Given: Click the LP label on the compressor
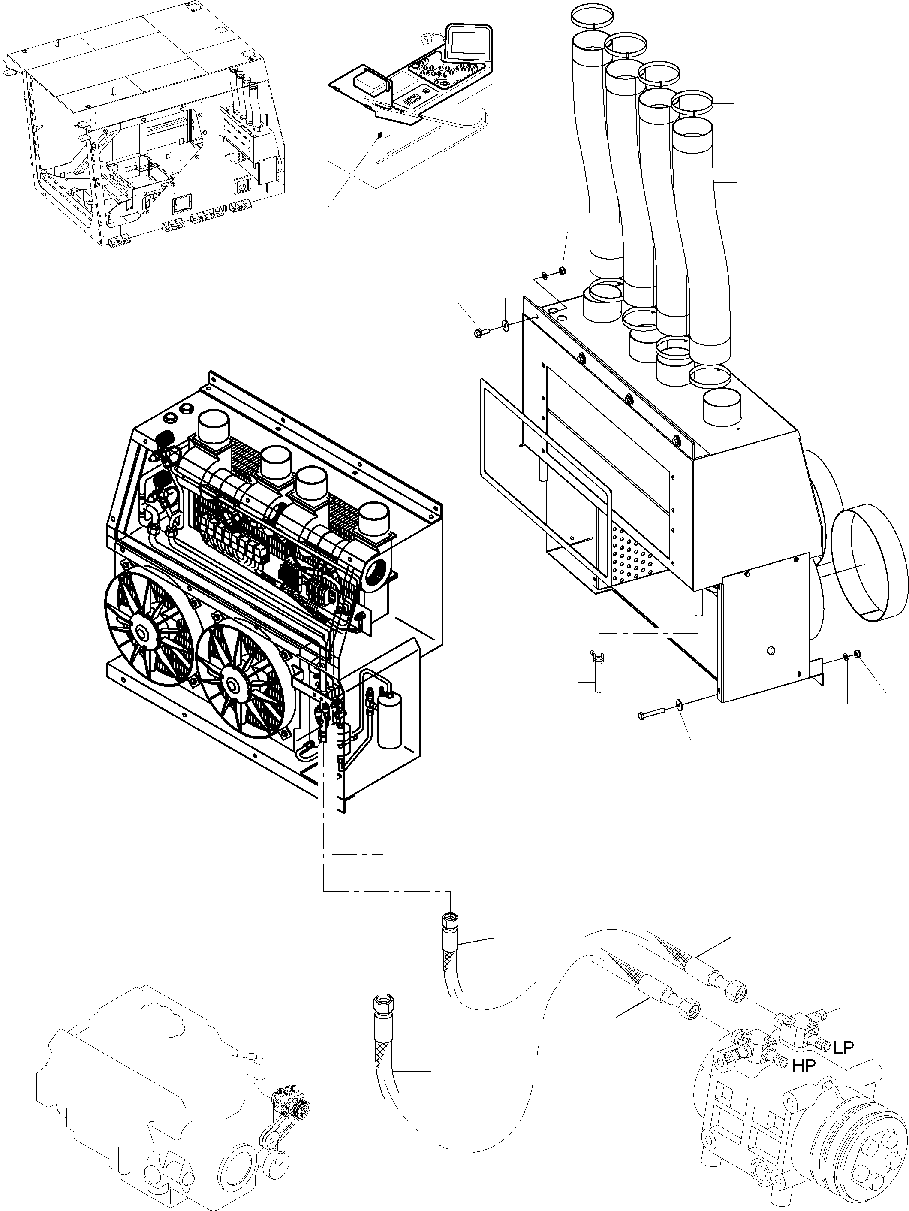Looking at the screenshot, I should [x=843, y=1048].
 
